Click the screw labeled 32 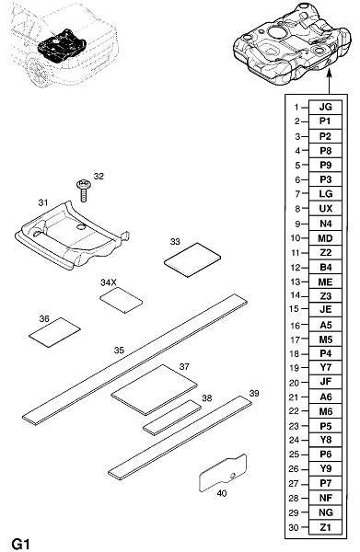coord(84,190)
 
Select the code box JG coord(325,107)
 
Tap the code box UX coord(325,209)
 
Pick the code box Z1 coord(325,527)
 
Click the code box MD coord(325,238)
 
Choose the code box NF coord(325,498)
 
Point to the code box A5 coord(325,325)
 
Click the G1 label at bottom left coord(21,544)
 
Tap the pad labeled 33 coord(192,259)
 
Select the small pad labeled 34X coord(122,300)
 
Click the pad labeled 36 coord(54,332)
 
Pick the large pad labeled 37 coord(154,390)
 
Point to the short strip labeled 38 coord(172,418)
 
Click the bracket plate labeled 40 coord(223,473)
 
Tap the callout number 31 coord(43,202)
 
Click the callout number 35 coord(119,351)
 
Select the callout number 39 coord(254,393)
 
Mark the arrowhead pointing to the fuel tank coord(330,73)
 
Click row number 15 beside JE coord(294,309)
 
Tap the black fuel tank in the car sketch coord(62,46)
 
